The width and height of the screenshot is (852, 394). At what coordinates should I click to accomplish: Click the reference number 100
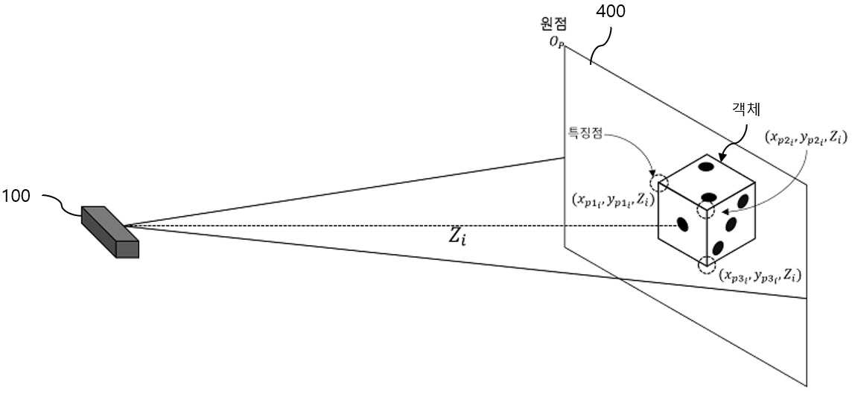pyautogui.click(x=16, y=196)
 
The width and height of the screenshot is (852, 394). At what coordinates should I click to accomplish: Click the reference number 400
pyautogui.click(x=610, y=11)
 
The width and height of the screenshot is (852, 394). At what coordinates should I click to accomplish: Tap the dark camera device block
pyautogui.click(x=110, y=230)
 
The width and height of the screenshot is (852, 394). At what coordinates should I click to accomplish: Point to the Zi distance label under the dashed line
pyautogui.click(x=457, y=238)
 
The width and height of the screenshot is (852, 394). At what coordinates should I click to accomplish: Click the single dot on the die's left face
pyautogui.click(x=681, y=223)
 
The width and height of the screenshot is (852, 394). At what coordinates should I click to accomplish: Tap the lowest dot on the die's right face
pyautogui.click(x=719, y=248)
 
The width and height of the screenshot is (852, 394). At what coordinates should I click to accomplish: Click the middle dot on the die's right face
pyautogui.click(x=731, y=223)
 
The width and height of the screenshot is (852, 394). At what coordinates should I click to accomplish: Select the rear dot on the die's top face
pyautogui.click(x=706, y=166)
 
